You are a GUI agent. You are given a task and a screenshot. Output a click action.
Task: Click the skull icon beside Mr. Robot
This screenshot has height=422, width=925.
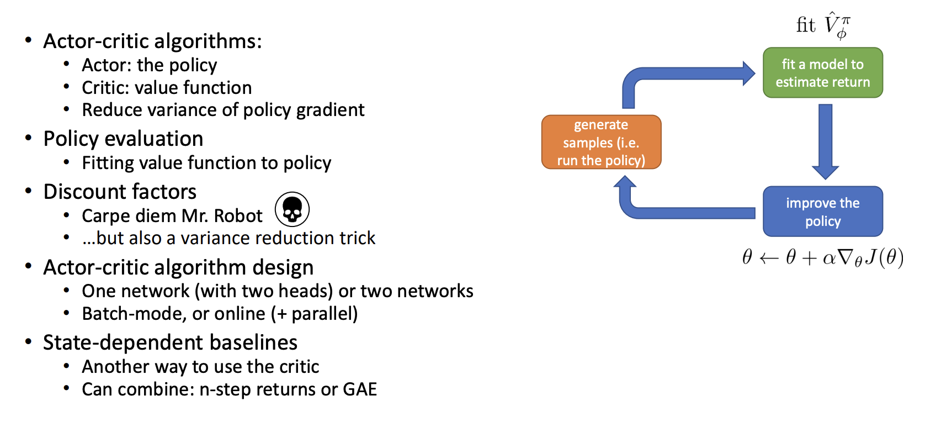(x=292, y=209)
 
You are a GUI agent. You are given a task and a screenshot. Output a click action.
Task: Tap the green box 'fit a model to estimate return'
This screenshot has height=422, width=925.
(x=822, y=73)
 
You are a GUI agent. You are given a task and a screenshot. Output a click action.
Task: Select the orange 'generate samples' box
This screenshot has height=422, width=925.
(x=601, y=142)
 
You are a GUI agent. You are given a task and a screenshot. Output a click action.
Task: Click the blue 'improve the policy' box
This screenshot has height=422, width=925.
(x=822, y=212)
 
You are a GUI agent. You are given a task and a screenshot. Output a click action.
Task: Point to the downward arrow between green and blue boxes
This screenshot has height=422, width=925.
(x=825, y=141)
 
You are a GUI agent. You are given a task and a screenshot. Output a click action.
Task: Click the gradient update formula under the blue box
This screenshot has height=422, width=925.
(x=822, y=257)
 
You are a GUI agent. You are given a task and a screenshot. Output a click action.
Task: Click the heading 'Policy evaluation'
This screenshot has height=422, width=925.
(x=123, y=139)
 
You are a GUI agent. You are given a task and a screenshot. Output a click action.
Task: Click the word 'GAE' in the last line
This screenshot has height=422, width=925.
(x=360, y=389)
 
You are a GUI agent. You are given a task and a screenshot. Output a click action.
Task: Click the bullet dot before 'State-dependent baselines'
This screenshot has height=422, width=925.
(x=29, y=341)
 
